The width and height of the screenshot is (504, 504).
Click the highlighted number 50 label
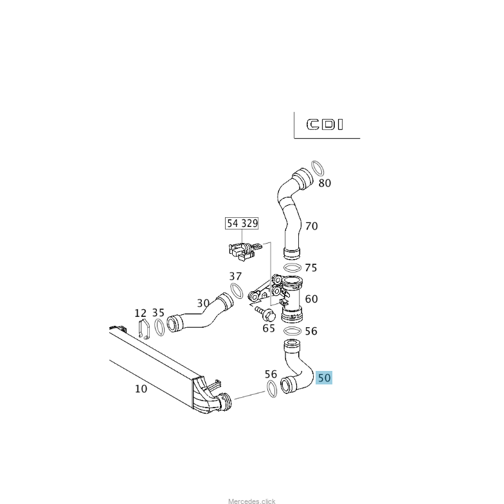click(324, 378)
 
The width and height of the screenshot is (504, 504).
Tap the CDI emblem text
click(325, 124)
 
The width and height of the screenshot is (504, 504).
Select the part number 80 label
click(325, 183)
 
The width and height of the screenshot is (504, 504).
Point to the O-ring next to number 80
click(317, 169)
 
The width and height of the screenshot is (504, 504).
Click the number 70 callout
click(311, 226)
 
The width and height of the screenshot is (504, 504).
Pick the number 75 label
click(311, 268)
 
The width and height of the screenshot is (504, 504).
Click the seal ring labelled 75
click(292, 267)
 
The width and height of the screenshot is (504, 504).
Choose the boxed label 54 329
click(242, 224)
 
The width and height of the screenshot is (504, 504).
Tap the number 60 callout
click(311, 299)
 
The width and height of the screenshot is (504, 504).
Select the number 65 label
click(269, 328)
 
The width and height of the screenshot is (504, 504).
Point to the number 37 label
click(236, 276)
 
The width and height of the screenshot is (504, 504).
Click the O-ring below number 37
click(237, 291)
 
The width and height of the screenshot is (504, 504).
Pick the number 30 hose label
click(203, 303)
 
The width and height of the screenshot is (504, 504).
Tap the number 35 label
click(158, 313)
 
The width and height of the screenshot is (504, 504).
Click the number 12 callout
click(141, 313)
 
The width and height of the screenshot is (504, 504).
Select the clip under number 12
click(144, 328)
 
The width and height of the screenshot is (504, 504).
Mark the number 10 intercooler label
click(141, 389)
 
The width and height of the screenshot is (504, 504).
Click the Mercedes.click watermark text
click(251, 501)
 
